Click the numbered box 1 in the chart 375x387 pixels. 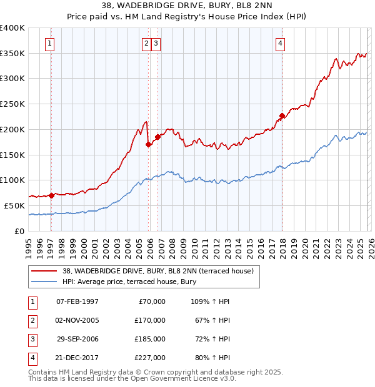point(49,43)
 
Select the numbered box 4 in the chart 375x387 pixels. point(281,43)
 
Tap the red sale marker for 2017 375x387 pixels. point(282,115)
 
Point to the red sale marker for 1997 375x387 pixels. point(51,195)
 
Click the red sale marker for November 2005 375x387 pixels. point(149,144)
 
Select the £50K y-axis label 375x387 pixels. point(15,205)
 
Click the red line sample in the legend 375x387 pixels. point(45,272)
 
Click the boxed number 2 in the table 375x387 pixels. point(32,320)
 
